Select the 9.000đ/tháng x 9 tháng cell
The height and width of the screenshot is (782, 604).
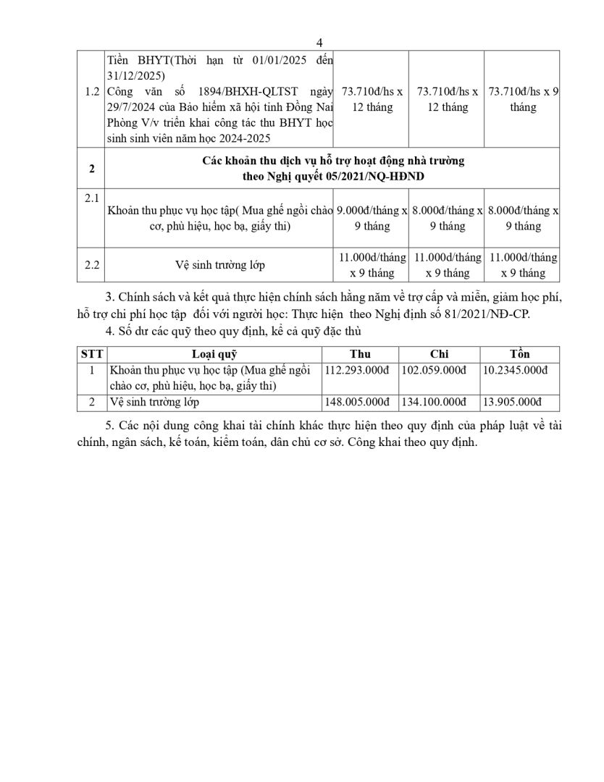[372, 218]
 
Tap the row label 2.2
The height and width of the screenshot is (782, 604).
[91, 265]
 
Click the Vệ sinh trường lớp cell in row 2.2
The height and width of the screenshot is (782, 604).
[219, 265]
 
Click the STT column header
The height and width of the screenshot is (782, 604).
[92, 354]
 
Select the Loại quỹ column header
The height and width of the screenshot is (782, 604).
[214, 354]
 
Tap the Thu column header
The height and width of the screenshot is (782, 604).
[360, 354]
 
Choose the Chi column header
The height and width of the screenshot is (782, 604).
[439, 354]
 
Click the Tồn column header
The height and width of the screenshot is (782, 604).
[519, 354]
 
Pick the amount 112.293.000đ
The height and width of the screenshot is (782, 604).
[358, 370]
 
